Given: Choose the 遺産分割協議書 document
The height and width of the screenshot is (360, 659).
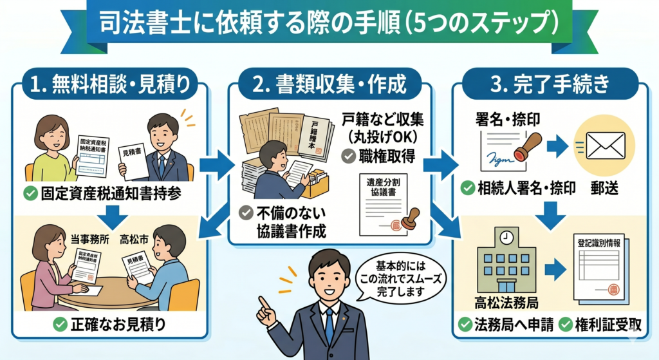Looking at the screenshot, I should (382, 201).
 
